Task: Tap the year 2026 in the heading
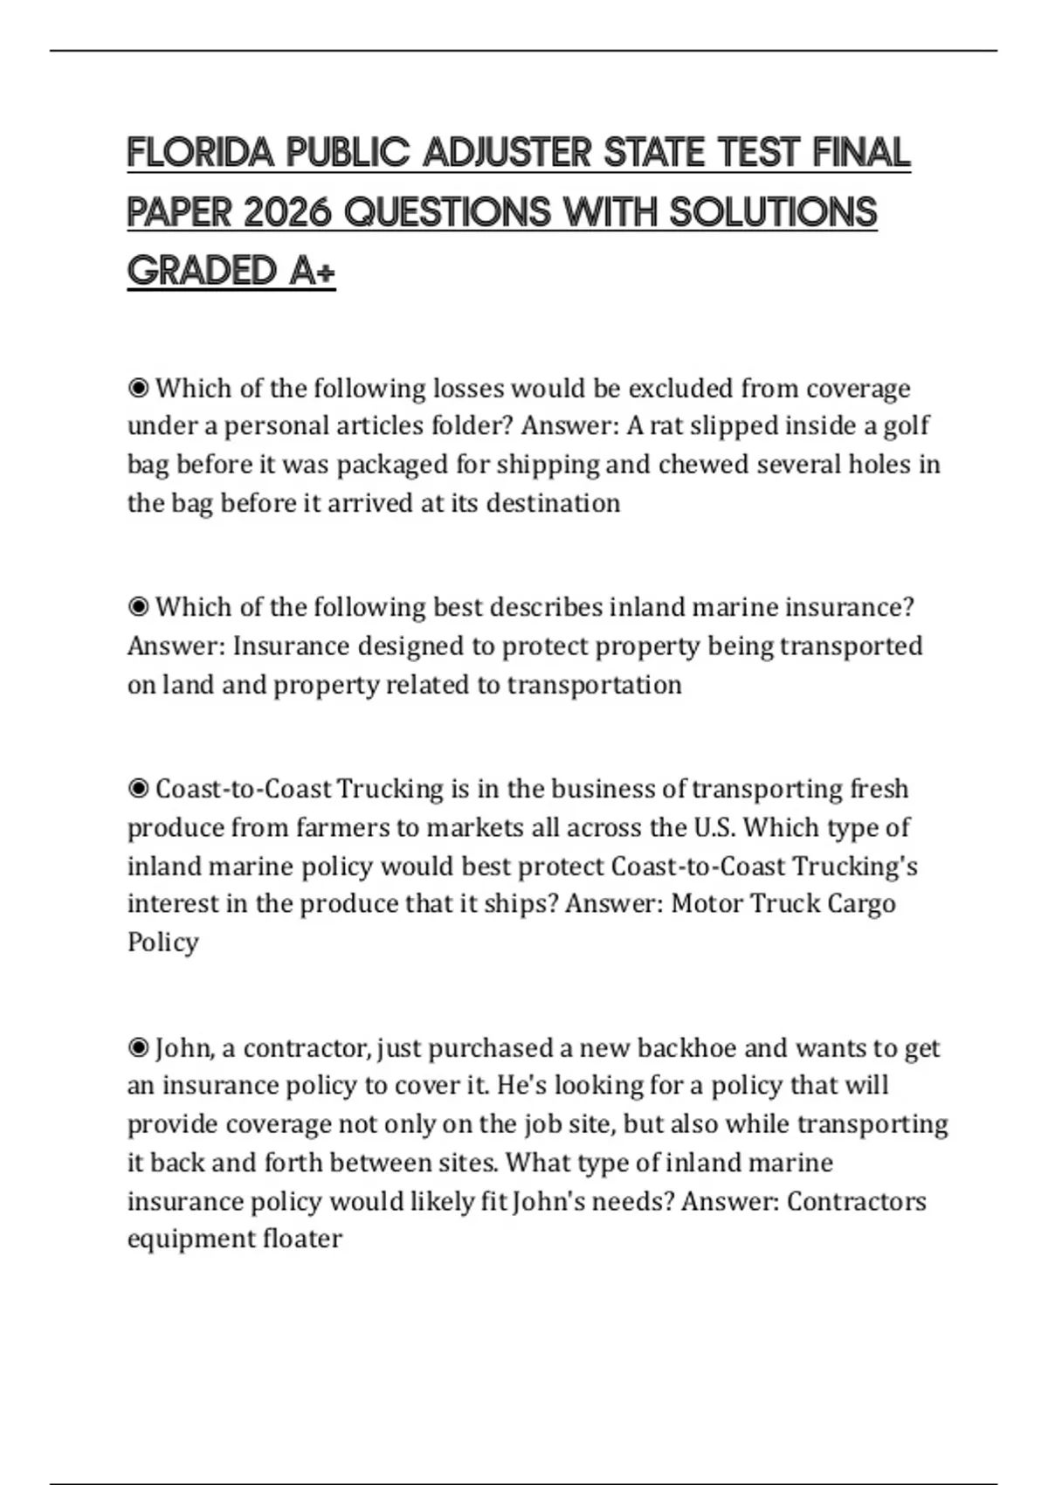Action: (x=288, y=212)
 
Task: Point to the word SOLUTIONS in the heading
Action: (x=773, y=212)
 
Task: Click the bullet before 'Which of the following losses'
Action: (x=138, y=388)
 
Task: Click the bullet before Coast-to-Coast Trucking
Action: (x=138, y=789)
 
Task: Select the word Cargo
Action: (x=861, y=903)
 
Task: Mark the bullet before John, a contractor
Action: (x=138, y=1047)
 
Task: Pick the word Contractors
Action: (x=856, y=1201)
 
